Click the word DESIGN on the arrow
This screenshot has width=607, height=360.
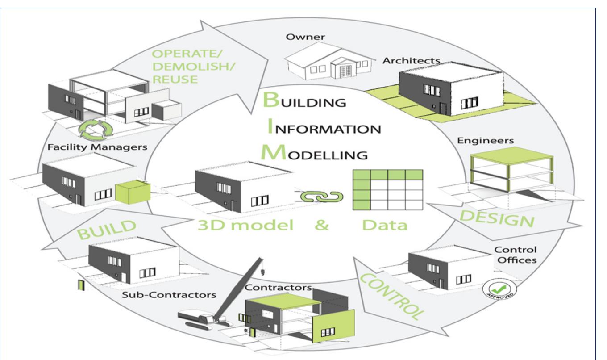[497, 218]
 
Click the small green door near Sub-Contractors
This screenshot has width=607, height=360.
[81, 285]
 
